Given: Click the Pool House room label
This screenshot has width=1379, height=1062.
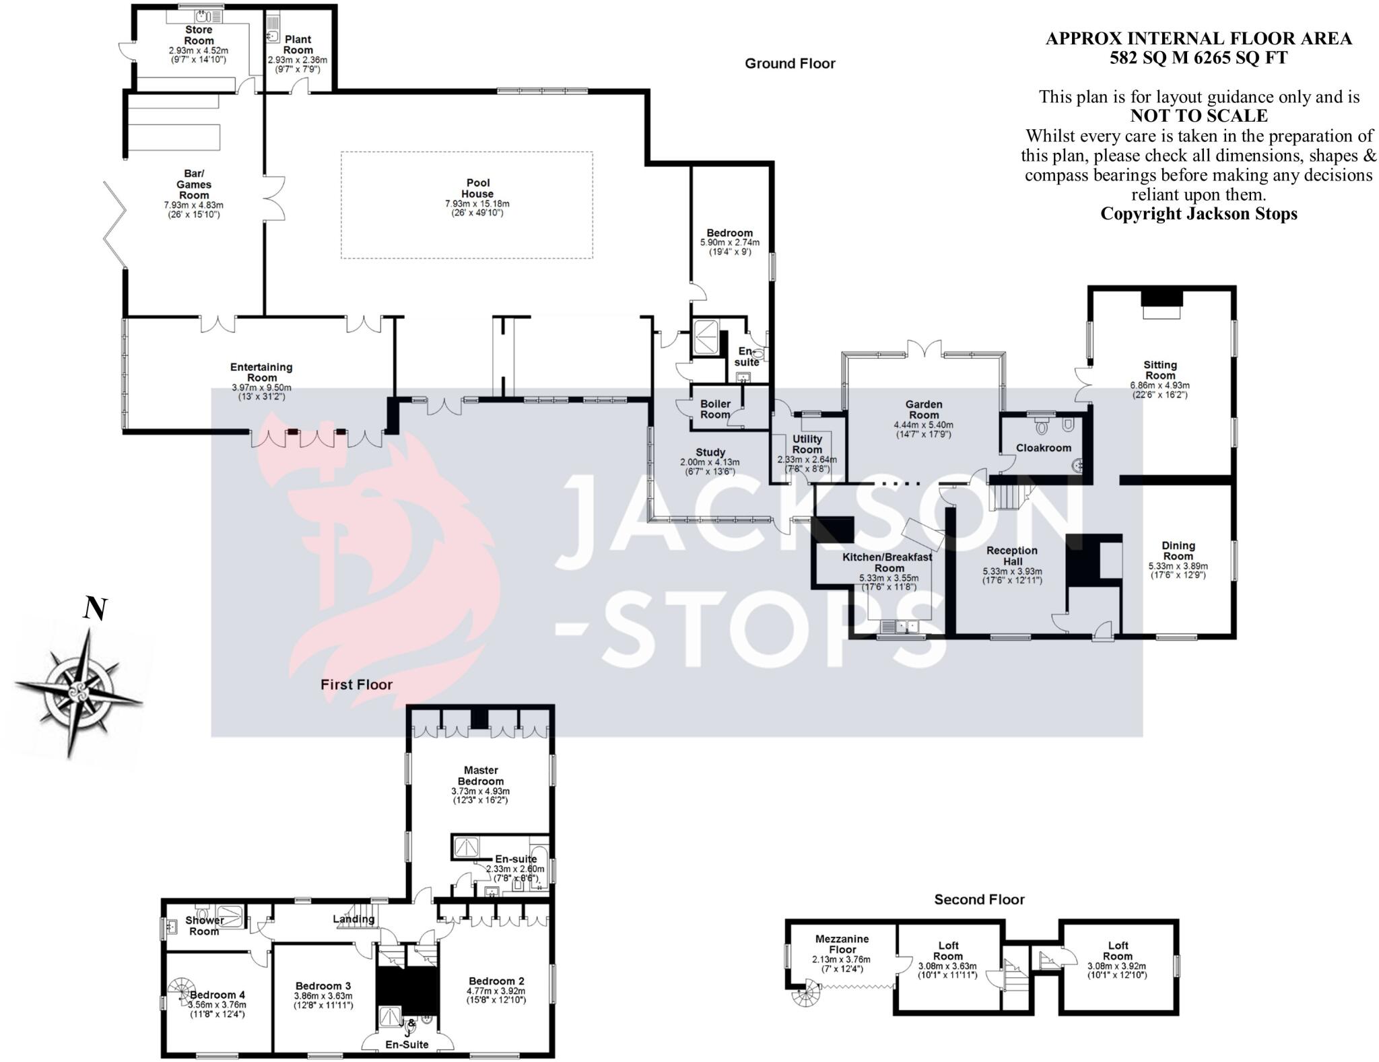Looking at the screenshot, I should [478, 188].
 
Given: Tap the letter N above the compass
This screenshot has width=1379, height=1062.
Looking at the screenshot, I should [95, 609].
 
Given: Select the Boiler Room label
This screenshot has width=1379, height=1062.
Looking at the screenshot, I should [715, 409].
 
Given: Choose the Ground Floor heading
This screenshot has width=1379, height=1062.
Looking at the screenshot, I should [790, 64].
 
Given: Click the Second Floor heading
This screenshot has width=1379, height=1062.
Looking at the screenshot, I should [979, 900].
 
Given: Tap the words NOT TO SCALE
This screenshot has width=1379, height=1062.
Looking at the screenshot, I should [1199, 116].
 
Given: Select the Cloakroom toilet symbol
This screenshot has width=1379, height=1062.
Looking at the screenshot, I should [1042, 425].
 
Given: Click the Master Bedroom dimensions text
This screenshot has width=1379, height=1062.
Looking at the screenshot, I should [481, 796].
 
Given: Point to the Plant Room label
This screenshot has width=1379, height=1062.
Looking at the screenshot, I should [298, 45].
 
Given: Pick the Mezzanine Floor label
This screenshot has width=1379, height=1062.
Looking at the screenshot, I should [842, 944].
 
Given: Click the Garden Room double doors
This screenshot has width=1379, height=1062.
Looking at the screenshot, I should [924, 350].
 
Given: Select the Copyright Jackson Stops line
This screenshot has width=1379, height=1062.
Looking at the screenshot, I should [1199, 214].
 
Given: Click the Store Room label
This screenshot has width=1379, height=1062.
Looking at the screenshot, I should [199, 35].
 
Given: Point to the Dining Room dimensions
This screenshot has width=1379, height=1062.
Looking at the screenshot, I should [1178, 571].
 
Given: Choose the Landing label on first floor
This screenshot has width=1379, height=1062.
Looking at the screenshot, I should [354, 919].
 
